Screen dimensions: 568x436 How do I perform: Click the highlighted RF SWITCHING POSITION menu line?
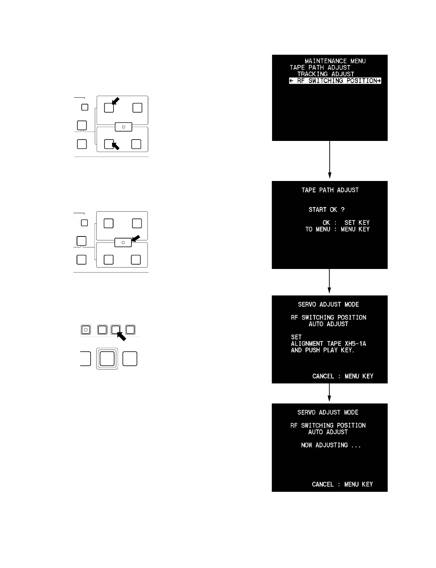pyautogui.click(x=335, y=81)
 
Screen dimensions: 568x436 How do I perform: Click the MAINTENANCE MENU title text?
pyautogui.click(x=335, y=61)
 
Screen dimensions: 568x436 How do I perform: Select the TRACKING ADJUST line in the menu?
pyautogui.click(x=325, y=74)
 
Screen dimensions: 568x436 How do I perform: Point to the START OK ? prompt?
pyautogui.click(x=326, y=210)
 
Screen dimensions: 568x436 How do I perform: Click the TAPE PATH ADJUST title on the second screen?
pyautogui.click(x=330, y=190)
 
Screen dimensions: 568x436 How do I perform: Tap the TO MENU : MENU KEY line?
pyautogui.click(x=337, y=229)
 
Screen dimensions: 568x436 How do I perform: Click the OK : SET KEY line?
pyautogui.click(x=346, y=222)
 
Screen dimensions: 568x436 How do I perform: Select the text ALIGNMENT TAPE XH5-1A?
pyautogui.click(x=328, y=344)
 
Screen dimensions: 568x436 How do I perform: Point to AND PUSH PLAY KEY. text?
pyautogui.click(x=323, y=350)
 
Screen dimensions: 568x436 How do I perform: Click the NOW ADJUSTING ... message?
pyautogui.click(x=331, y=445)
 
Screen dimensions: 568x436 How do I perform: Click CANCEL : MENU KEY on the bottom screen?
pyautogui.click(x=342, y=484)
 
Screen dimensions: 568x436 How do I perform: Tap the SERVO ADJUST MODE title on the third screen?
pyautogui.click(x=328, y=304)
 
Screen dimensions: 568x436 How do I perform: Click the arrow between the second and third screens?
pyautogui.click(x=329, y=281)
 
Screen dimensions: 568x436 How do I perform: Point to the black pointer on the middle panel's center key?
pyautogui.click(x=136, y=238)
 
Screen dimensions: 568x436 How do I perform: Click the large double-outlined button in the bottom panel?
pyautogui.click(x=107, y=358)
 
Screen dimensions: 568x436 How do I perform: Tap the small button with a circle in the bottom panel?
pyautogui.click(x=86, y=329)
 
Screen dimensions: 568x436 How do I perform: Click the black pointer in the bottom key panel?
pyautogui.click(x=122, y=337)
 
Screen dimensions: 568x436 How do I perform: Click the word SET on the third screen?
pyautogui.click(x=296, y=337)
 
